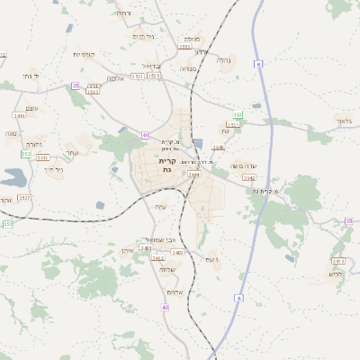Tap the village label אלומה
point(114,78)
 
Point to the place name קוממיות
point(84,54)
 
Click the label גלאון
point(343,121)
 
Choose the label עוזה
point(31,108)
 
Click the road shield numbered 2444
point(193,174)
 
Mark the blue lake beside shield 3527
point(13,176)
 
